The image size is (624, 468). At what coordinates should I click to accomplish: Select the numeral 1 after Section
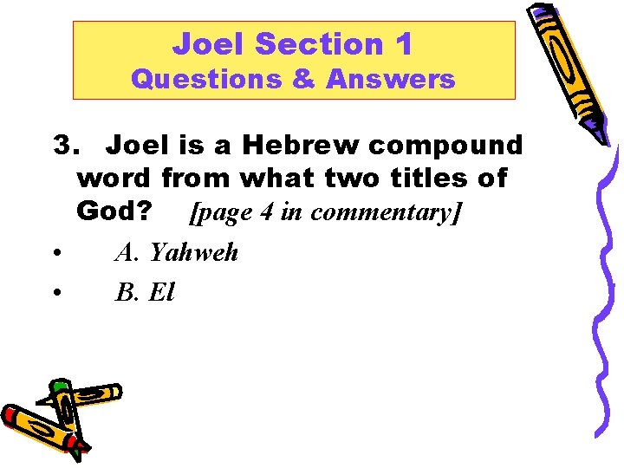tap(402, 43)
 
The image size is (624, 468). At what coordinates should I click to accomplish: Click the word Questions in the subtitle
tap(206, 80)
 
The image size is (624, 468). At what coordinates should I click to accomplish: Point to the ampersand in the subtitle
tap(302, 80)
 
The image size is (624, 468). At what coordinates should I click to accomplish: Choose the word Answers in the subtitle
tap(390, 80)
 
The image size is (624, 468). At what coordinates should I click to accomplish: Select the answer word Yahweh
tap(193, 252)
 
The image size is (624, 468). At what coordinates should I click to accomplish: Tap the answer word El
tap(162, 293)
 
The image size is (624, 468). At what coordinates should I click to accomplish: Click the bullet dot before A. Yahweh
tap(55, 254)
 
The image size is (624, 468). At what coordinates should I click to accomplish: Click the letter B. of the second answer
tap(128, 293)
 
